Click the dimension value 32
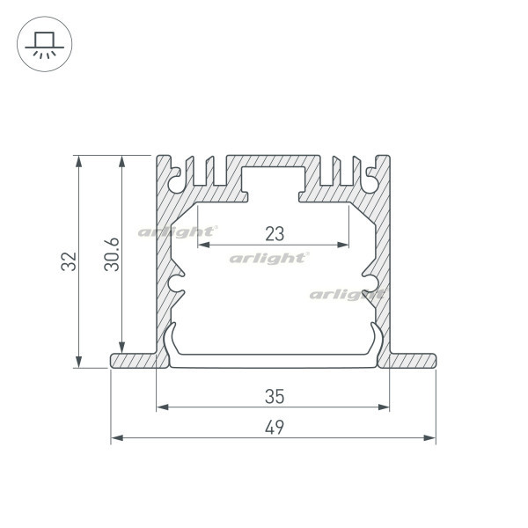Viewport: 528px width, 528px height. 69,261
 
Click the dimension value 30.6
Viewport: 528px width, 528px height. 112,254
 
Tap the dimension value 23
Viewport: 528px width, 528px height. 275,234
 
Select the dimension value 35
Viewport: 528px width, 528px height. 275,396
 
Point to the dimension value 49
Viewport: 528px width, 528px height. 275,428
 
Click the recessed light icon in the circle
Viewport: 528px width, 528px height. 45,45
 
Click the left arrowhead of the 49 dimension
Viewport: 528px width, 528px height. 117,437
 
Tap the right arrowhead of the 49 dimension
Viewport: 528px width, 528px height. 429,437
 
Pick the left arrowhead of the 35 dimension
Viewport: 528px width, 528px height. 163,407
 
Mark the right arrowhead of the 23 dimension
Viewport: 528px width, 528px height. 343,245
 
